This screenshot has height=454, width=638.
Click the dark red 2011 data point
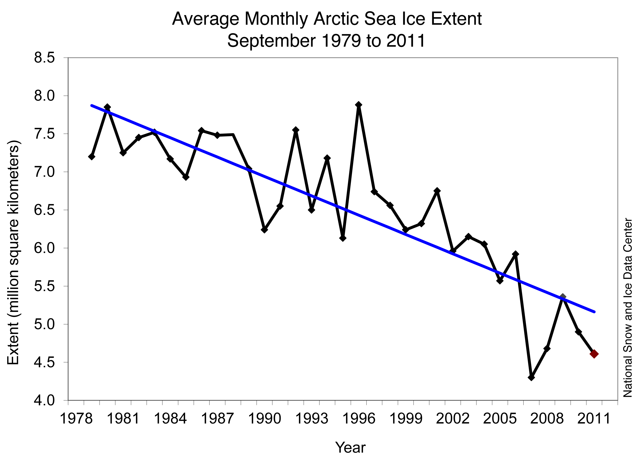pyautogui.click(x=594, y=354)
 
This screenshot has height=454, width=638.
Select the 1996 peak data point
pyautogui.click(x=358, y=105)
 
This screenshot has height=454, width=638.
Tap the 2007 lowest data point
pyautogui.click(x=531, y=377)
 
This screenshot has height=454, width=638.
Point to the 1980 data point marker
pyautogui.click(x=107, y=107)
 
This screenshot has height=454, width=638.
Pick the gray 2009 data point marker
pyautogui.click(x=563, y=297)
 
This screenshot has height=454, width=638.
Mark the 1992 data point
pyautogui.click(x=296, y=130)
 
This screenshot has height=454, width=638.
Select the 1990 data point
pyautogui.click(x=264, y=230)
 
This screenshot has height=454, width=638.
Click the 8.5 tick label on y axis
pyautogui.click(x=44, y=58)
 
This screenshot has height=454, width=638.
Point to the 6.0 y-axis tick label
pyautogui.click(x=44, y=248)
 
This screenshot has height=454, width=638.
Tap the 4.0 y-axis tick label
pyautogui.click(x=44, y=400)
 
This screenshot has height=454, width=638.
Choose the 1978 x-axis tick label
pyautogui.click(x=76, y=419)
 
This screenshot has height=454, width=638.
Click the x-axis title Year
pyautogui.click(x=350, y=447)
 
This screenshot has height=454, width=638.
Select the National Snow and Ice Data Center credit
pyautogui.click(x=627, y=308)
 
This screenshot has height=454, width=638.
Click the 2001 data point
pyautogui.click(x=437, y=191)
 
